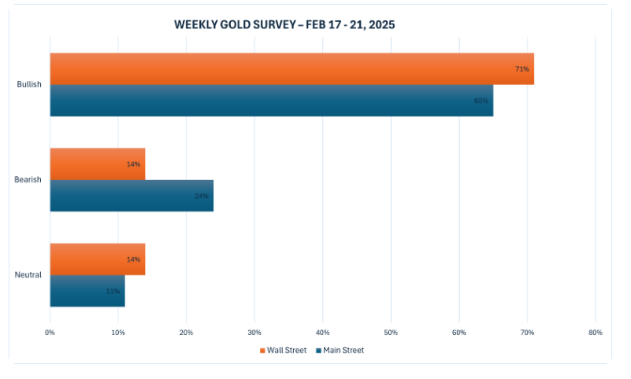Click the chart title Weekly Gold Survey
284,24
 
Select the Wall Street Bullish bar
291,69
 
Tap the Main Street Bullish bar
271,101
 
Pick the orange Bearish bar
97,164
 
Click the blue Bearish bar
132,196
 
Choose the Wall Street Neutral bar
97,259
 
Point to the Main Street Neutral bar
87,291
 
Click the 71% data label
522,69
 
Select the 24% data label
202,196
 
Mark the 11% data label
113,291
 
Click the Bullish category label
29,85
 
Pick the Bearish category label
28,180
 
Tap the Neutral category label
28,275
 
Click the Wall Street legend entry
283,351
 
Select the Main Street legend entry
340,351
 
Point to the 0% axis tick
50,333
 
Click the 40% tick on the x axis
322,333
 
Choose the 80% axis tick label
595,333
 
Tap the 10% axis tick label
118,333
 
